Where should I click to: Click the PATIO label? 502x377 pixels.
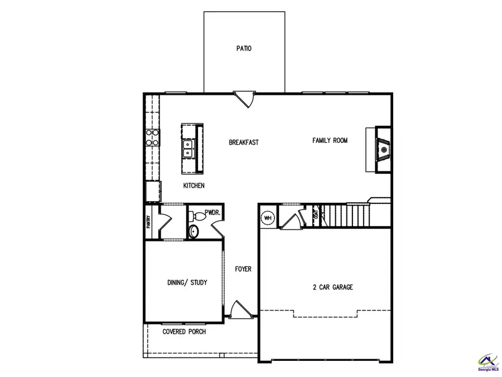[x=244, y=49]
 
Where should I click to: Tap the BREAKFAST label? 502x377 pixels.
[x=244, y=142]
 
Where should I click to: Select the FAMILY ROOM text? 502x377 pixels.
[x=330, y=141]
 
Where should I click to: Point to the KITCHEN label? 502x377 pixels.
[x=194, y=185]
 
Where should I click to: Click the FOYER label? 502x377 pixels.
[x=243, y=269]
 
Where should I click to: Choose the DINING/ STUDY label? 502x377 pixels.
[x=187, y=283]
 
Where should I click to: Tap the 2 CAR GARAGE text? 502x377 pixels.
[x=332, y=288]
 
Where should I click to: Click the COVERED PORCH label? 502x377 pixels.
[x=184, y=332]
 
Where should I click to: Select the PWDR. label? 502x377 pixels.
[x=213, y=213]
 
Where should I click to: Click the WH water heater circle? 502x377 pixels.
[x=268, y=217]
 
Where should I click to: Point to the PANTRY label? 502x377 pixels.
[x=149, y=222]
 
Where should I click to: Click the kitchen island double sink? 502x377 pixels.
[x=189, y=148]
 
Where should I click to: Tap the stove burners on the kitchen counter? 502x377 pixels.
[x=152, y=137]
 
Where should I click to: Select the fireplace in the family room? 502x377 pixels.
[x=383, y=149]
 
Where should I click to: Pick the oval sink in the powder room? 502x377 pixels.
[x=194, y=231]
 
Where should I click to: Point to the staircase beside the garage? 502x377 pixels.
[x=344, y=214]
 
